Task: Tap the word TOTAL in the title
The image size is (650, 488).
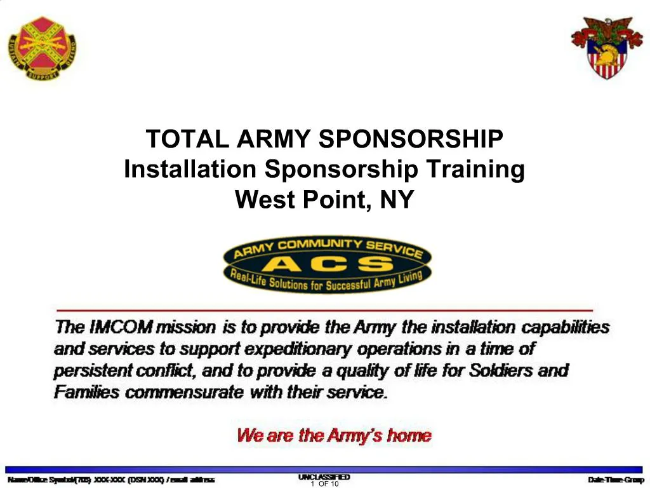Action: pos(188,139)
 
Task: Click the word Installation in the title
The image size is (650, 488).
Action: pos(190,170)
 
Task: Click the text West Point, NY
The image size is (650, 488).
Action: pos(324,200)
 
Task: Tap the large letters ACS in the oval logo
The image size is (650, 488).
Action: pos(327,264)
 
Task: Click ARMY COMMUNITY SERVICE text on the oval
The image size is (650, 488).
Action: pos(327,248)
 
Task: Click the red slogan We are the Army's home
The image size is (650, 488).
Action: pos(334,435)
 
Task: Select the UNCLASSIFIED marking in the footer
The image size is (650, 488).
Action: pos(324,477)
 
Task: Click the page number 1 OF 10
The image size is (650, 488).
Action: pos(325,484)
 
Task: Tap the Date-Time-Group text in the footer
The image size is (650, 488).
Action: pos(615,480)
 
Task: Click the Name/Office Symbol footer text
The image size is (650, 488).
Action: pos(111,480)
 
